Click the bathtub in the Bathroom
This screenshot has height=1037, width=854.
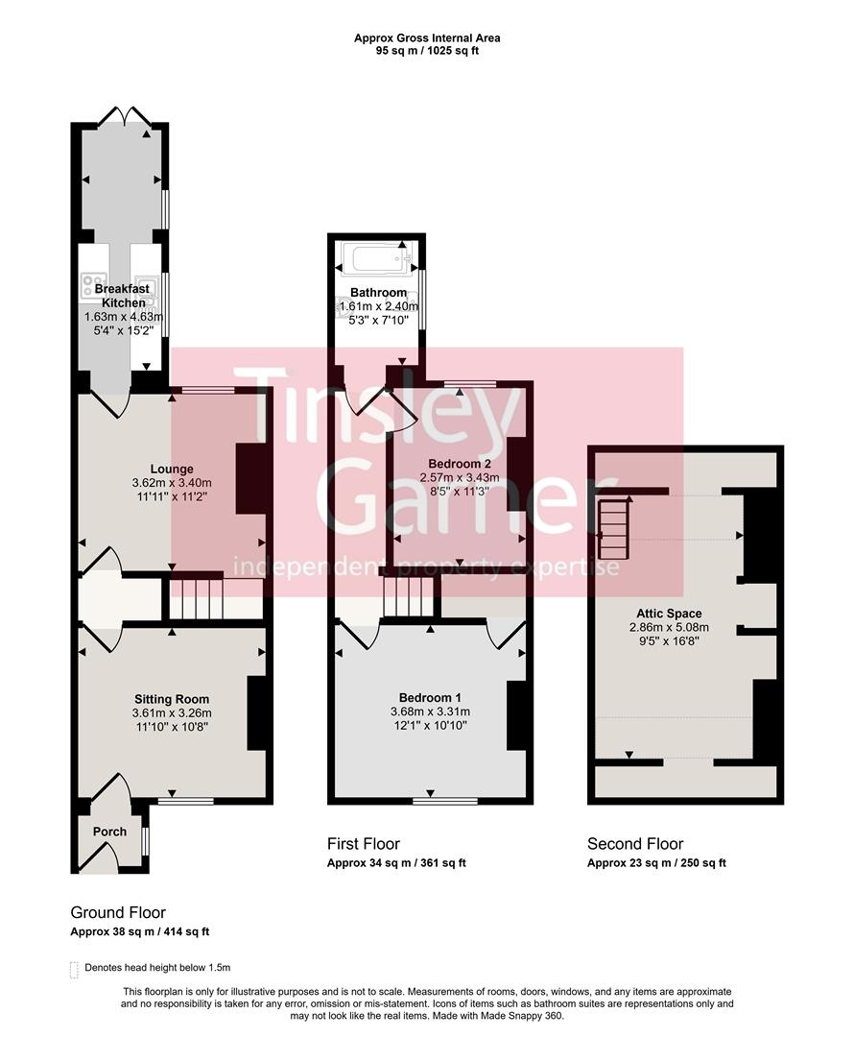tap(375, 259)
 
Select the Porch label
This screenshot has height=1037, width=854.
tap(109, 832)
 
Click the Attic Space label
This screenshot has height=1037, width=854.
tap(669, 614)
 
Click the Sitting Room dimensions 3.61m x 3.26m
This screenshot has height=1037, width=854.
tap(172, 713)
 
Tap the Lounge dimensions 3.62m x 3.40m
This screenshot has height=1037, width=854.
tap(172, 483)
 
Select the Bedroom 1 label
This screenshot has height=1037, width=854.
tap(431, 697)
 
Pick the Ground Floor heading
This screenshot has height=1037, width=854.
tap(118, 912)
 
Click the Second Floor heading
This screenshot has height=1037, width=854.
tap(635, 844)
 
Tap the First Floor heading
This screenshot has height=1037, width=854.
tap(364, 844)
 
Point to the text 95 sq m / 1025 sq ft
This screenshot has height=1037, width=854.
tap(427, 50)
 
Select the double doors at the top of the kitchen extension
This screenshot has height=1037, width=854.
tap(125, 116)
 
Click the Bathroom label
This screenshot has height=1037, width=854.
tap(378, 293)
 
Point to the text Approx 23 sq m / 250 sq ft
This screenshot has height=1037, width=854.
tap(656, 862)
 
